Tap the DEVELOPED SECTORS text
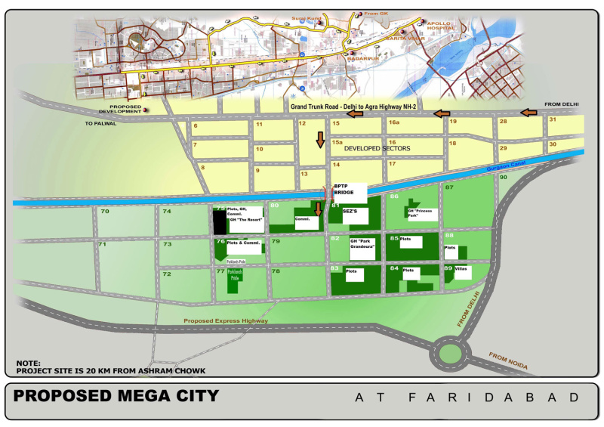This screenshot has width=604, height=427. coord(377,149)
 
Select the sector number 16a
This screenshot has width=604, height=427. coord(393,122)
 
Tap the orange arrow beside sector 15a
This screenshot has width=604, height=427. coord(320,139)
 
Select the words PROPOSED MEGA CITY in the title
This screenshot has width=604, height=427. coord(116,395)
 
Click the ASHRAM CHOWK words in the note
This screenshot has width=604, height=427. coord(144,370)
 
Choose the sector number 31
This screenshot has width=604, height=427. coord(553,119)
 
